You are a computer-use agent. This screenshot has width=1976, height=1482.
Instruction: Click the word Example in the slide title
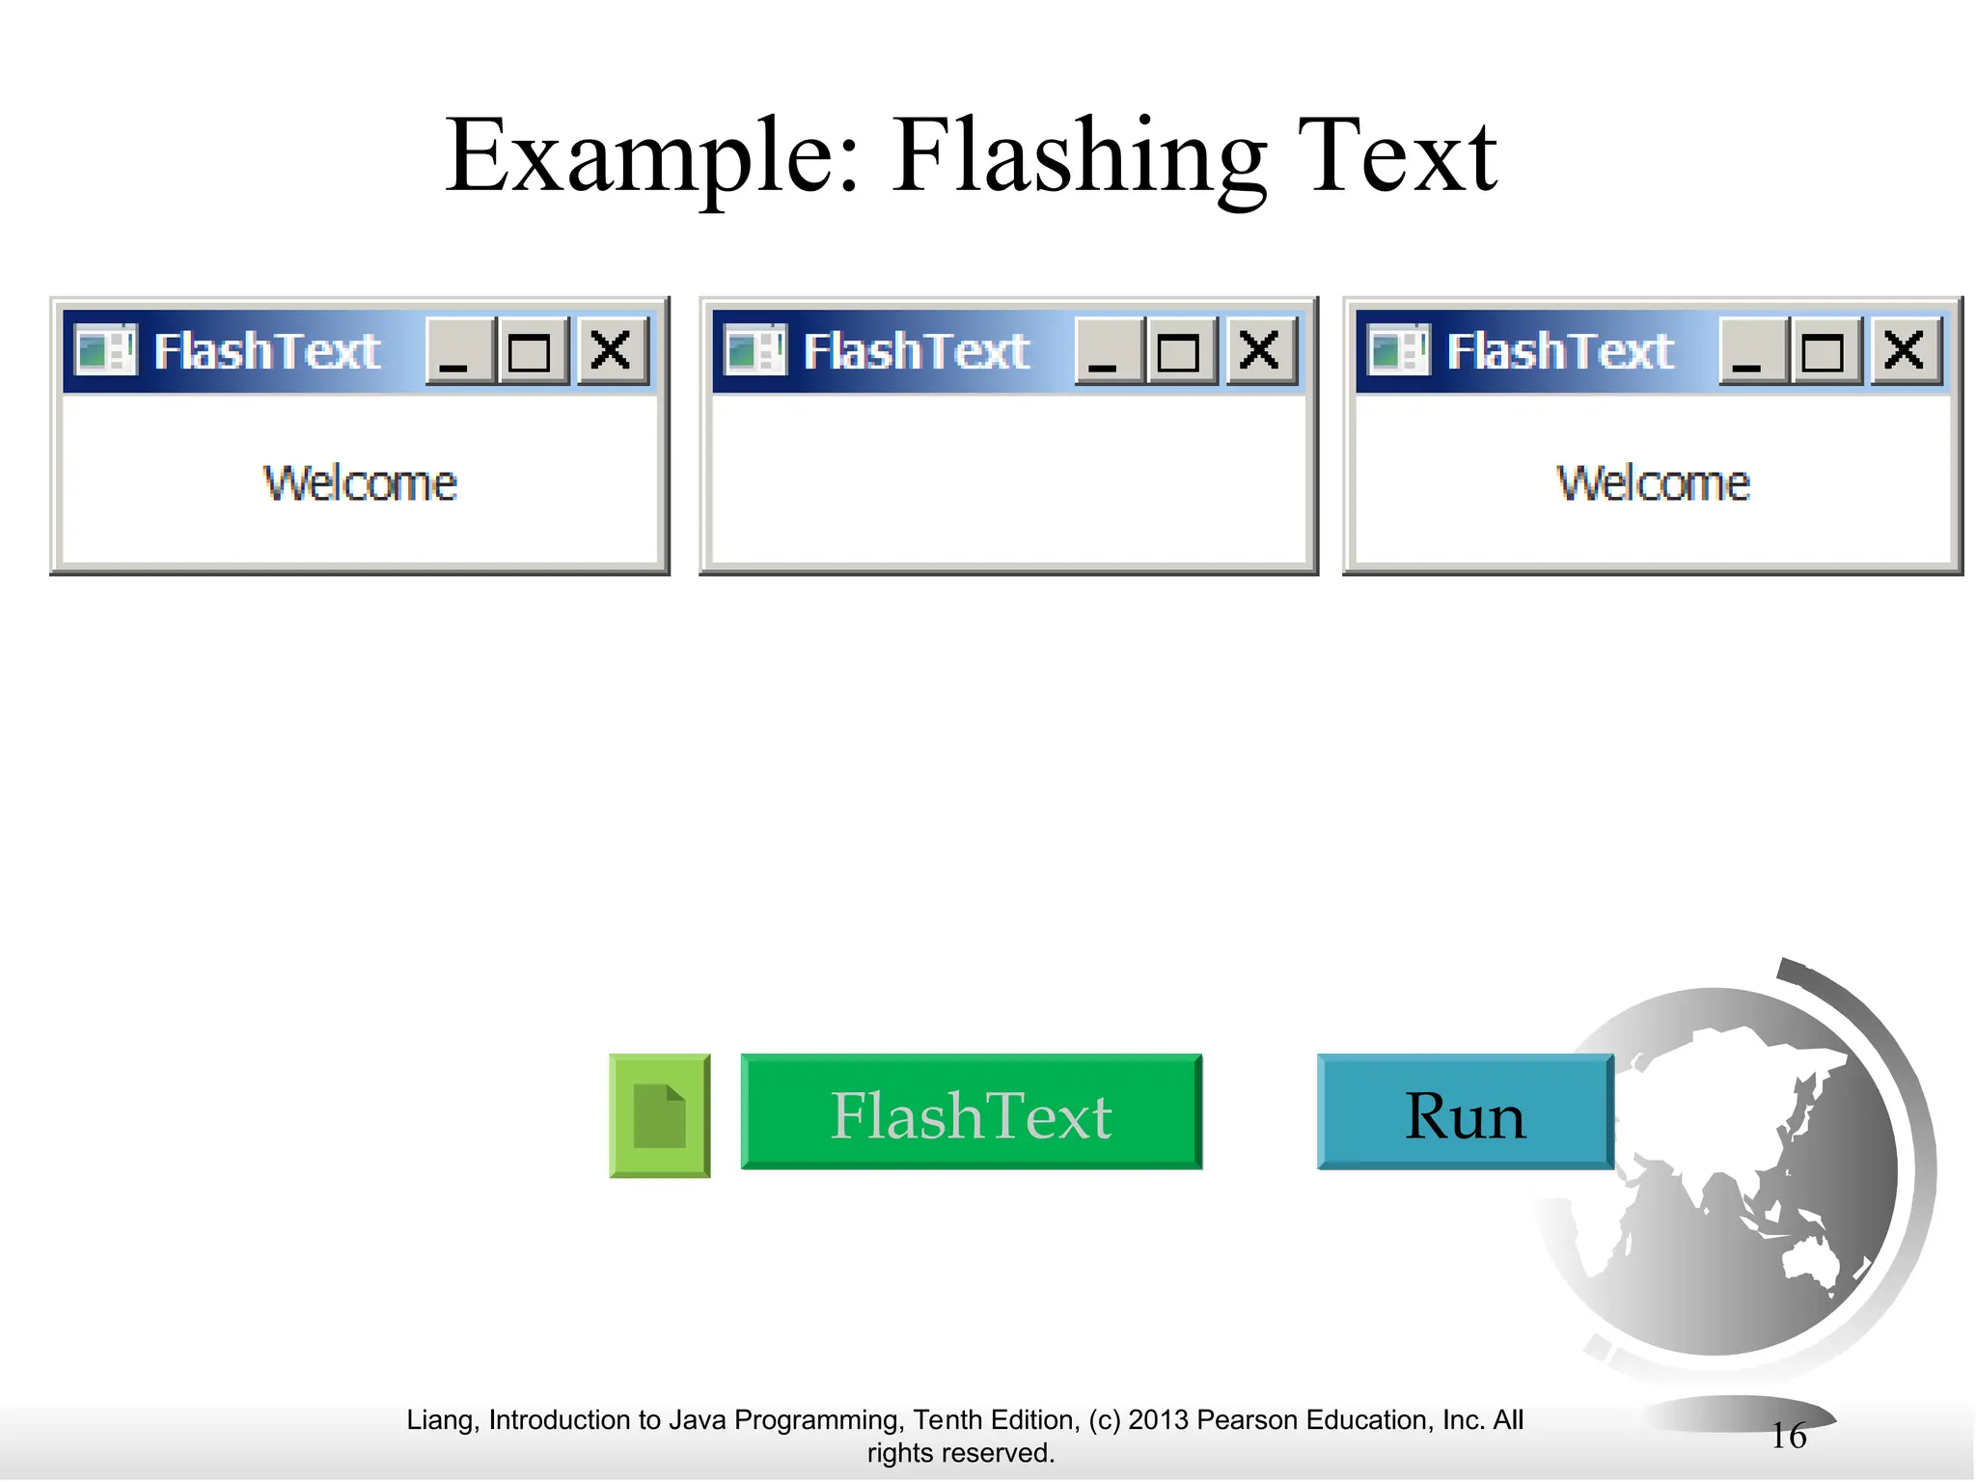click(x=652, y=156)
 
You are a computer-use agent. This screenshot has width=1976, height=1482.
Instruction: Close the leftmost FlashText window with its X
click(x=612, y=350)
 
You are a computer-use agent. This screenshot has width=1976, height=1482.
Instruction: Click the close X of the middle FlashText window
click(x=1260, y=350)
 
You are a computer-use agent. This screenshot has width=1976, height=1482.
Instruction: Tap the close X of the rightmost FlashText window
click(x=1905, y=350)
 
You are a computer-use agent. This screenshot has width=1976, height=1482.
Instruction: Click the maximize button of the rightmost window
click(x=1824, y=350)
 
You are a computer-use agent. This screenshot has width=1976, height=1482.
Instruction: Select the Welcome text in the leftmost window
click(x=360, y=483)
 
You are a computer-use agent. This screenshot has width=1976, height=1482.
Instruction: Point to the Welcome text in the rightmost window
click(x=1653, y=483)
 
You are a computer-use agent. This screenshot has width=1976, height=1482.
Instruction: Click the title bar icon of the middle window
click(x=755, y=349)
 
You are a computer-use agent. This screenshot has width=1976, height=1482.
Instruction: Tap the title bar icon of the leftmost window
click(x=106, y=349)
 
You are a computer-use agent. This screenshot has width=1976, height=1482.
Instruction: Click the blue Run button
click(x=1464, y=1113)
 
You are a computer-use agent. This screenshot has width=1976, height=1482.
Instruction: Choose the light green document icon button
click(x=660, y=1115)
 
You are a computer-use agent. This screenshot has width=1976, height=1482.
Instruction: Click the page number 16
click(x=1788, y=1436)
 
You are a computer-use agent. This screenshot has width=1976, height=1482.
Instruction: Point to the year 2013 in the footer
click(x=1158, y=1420)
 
